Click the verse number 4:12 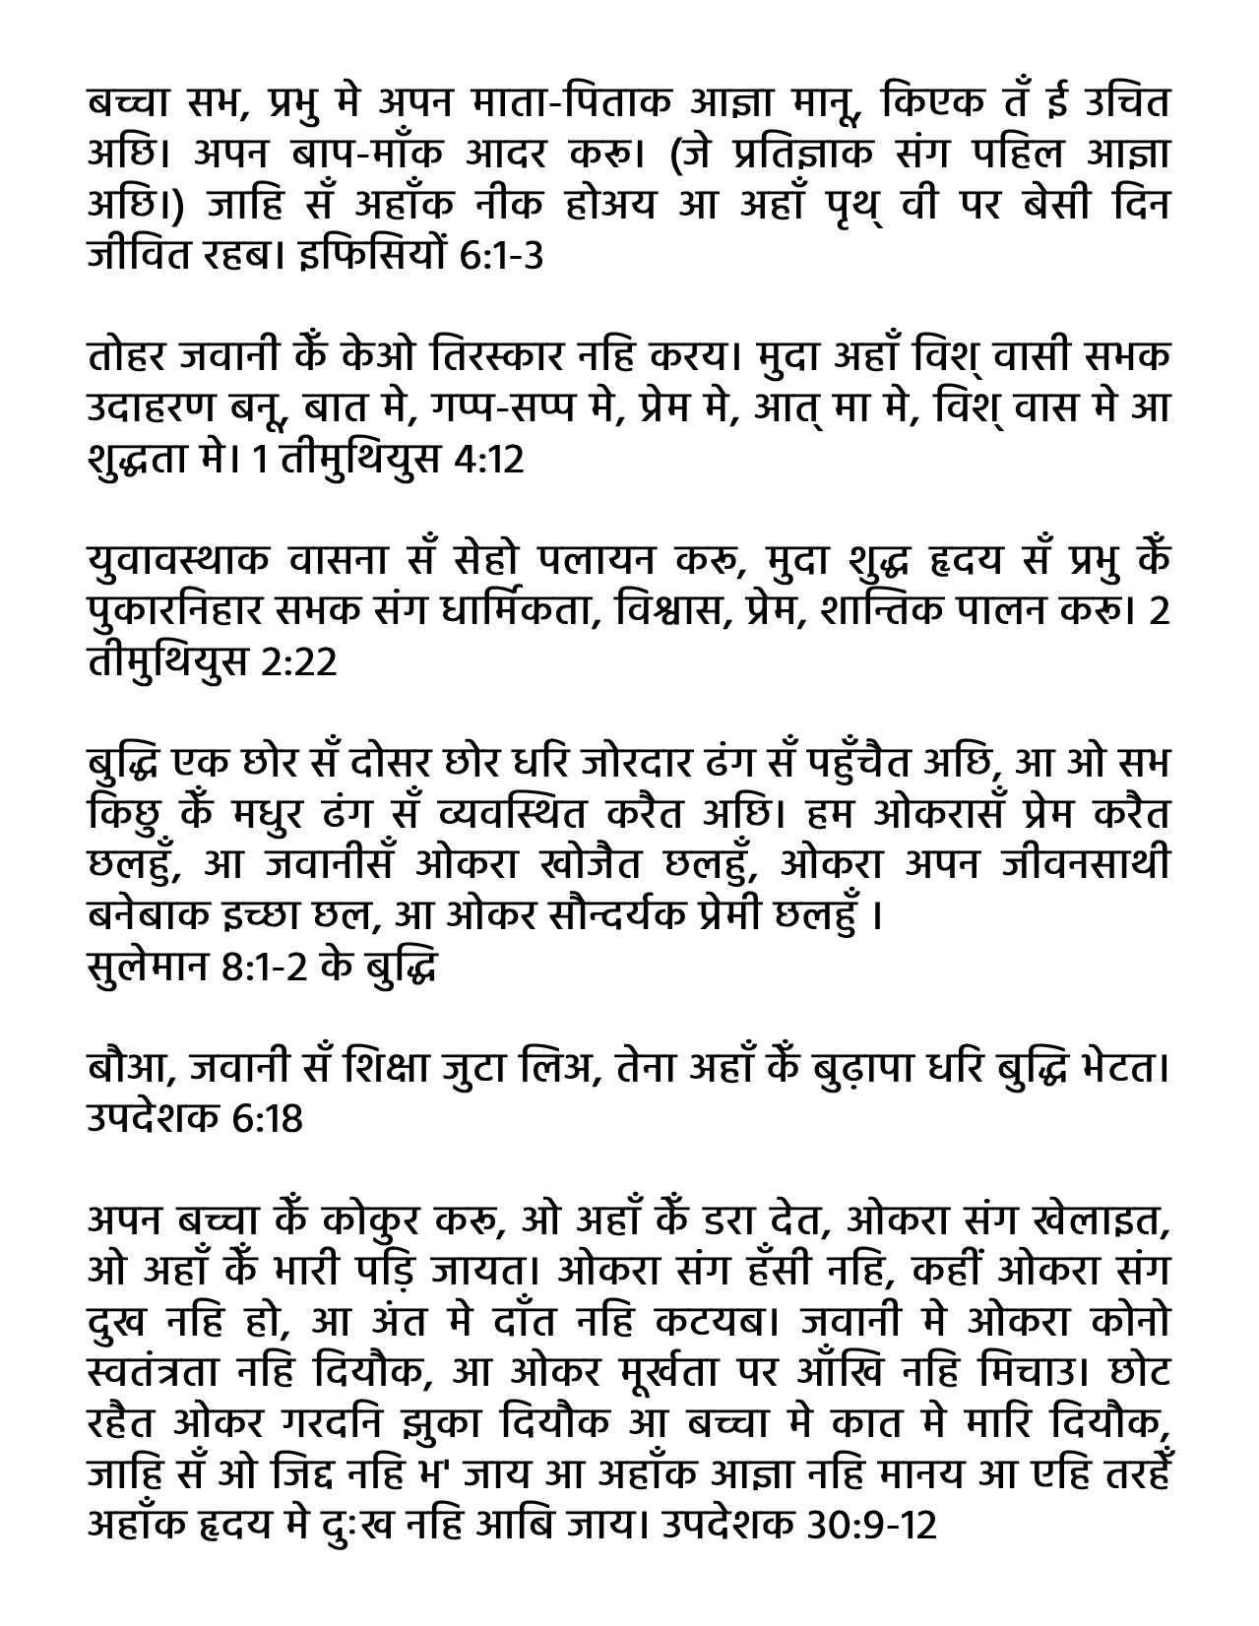(x=490, y=460)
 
